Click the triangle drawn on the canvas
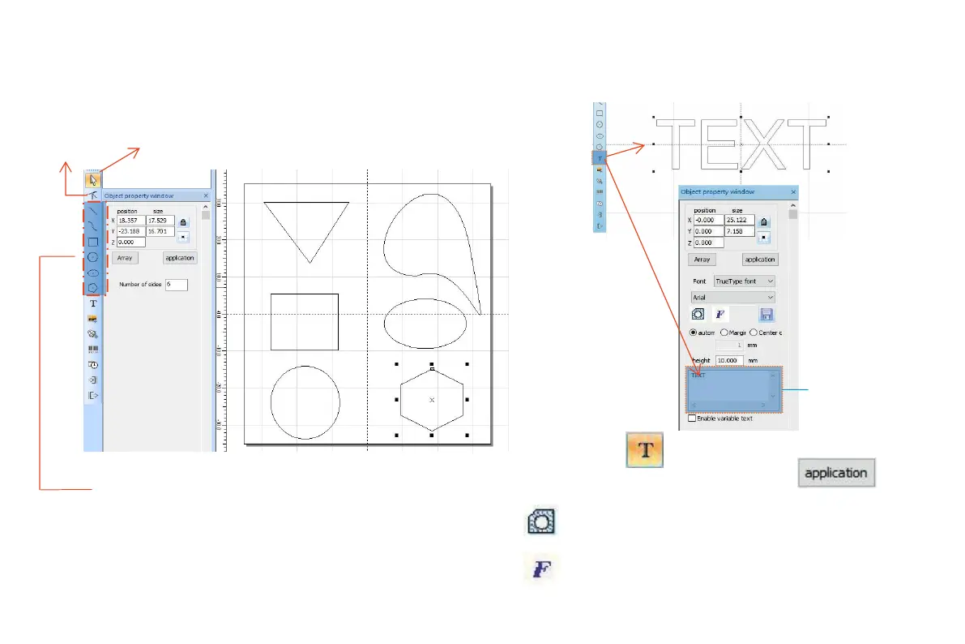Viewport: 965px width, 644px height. point(306,204)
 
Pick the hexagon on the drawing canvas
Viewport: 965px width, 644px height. point(432,400)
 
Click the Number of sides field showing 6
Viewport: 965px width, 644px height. point(176,285)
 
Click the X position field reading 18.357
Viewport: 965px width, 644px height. point(130,220)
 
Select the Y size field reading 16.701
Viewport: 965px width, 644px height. point(160,231)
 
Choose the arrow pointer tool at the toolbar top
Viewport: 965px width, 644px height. point(93,180)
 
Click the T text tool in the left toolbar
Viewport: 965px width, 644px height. point(93,303)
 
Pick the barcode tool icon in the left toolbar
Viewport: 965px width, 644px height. point(93,350)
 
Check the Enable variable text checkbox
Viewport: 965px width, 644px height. point(691,419)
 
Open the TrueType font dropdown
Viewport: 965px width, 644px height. point(744,281)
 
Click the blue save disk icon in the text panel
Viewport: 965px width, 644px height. point(766,314)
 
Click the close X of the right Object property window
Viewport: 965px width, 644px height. point(792,192)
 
